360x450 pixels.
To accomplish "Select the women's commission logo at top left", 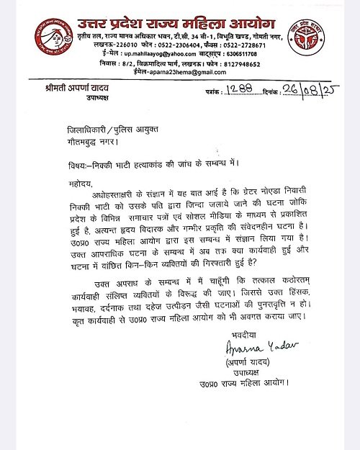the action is tap(50, 39).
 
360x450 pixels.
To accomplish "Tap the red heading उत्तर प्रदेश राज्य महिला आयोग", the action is tap(180, 14).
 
